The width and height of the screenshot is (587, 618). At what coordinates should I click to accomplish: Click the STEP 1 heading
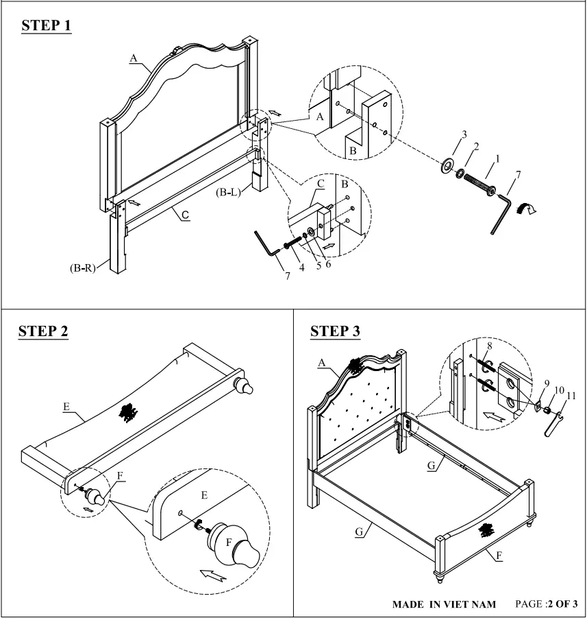click(x=47, y=26)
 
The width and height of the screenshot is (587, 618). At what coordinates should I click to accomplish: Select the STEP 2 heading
click(x=43, y=331)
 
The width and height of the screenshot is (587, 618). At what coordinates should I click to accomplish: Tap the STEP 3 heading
click(x=335, y=331)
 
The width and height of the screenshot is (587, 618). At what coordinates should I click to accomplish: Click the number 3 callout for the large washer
click(x=464, y=134)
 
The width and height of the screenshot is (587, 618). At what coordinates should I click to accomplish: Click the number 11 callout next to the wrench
click(x=571, y=396)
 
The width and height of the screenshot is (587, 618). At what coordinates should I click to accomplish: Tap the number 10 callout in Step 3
click(x=559, y=390)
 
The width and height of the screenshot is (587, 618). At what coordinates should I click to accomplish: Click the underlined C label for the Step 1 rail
click(x=185, y=215)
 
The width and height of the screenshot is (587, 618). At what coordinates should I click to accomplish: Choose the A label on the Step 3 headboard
click(x=322, y=364)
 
